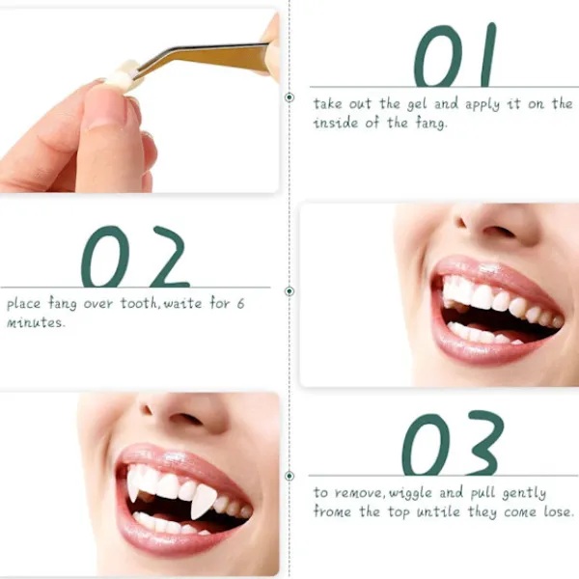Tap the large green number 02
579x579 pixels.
[x=135, y=257]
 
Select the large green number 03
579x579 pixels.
[x=454, y=444]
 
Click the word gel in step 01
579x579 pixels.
[x=416, y=104]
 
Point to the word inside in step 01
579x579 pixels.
[x=336, y=123]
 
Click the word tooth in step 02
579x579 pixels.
[x=139, y=303]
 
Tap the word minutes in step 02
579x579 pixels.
[x=36, y=322]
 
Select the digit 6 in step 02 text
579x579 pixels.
[x=240, y=303]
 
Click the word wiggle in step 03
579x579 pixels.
[x=410, y=493]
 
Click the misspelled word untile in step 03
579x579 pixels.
[x=439, y=511]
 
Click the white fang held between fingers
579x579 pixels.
[x=123, y=75]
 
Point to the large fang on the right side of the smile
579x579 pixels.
[x=203, y=501]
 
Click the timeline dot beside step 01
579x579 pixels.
[x=289, y=97]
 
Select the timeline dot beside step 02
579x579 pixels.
[x=289, y=291]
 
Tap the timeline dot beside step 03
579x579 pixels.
[x=289, y=476]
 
